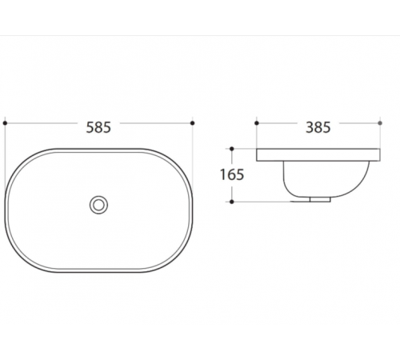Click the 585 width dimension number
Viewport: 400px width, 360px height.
pos(98,127)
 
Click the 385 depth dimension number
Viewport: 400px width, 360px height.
pos(318,127)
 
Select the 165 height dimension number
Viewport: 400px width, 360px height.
pos(232,174)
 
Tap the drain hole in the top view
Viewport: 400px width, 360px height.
pos(98,205)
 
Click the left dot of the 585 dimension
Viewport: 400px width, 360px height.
pos(5,123)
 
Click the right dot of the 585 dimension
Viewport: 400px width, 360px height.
pos(193,123)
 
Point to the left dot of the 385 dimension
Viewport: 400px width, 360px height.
pos(257,123)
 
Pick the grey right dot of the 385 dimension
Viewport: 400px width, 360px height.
pos(380,123)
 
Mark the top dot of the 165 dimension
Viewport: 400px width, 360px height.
pos(232,149)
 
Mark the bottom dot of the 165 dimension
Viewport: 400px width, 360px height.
pos(232,202)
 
